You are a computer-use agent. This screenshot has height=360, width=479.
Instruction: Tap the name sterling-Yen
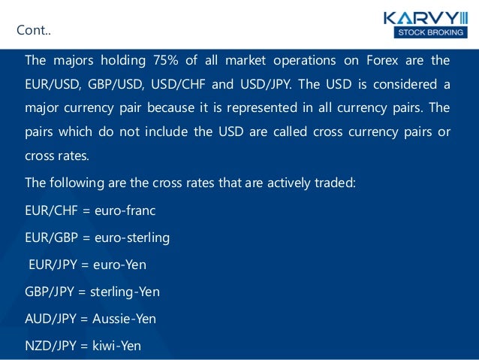click(x=125, y=292)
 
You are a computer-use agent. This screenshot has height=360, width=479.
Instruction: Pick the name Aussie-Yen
click(x=125, y=319)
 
